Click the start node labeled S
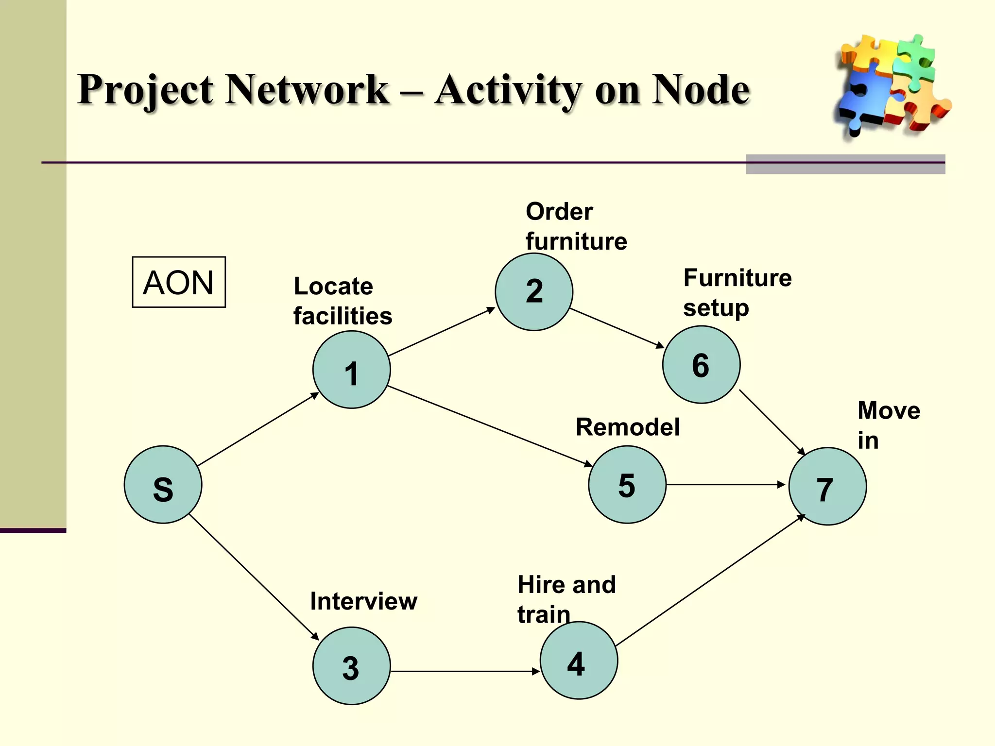[x=163, y=485]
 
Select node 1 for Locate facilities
[x=351, y=370]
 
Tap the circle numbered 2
[x=534, y=292]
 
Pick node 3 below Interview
[x=351, y=666]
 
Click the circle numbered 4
[x=579, y=661]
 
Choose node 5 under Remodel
[x=627, y=485]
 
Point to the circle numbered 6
[x=701, y=365]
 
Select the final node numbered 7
[x=827, y=486]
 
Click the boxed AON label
[x=179, y=282]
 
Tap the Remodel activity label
[x=627, y=427]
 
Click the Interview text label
[x=363, y=601]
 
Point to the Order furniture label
[x=576, y=226]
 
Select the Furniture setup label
[x=737, y=292]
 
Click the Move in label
[x=888, y=425]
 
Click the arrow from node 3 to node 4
[x=465, y=671]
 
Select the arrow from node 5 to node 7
[x=725, y=485]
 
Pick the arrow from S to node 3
[x=254, y=577]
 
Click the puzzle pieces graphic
[x=892, y=85]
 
